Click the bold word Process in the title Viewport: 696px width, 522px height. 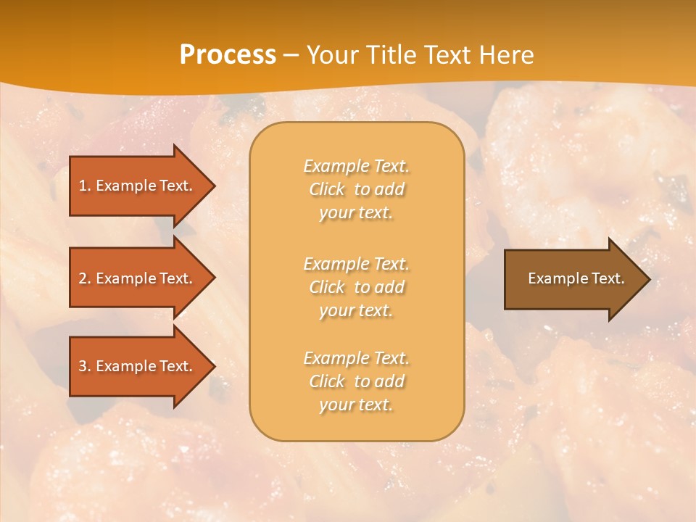228,55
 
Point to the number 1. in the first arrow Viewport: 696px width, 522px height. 85,186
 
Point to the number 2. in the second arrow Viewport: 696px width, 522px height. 85,278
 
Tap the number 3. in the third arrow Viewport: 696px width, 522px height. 85,366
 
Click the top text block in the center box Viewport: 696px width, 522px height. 356,189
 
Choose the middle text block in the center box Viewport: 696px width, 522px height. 356,287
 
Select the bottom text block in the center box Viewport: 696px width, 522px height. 356,381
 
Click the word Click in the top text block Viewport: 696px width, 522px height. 327,189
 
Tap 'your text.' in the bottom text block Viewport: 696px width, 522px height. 356,405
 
